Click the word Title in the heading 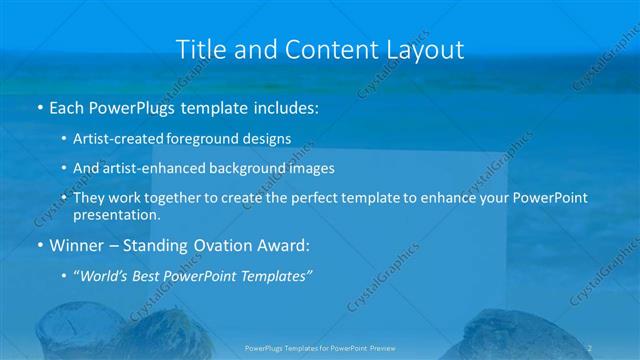pyautogui.click(x=199, y=49)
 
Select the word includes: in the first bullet pyautogui.click(x=284, y=106)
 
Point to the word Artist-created pyautogui.click(x=116, y=138)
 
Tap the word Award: pyautogui.click(x=285, y=244)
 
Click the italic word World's pyautogui.click(x=106, y=275)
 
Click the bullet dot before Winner pyautogui.click(x=39, y=244)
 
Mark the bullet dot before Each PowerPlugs pyautogui.click(x=39, y=106)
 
